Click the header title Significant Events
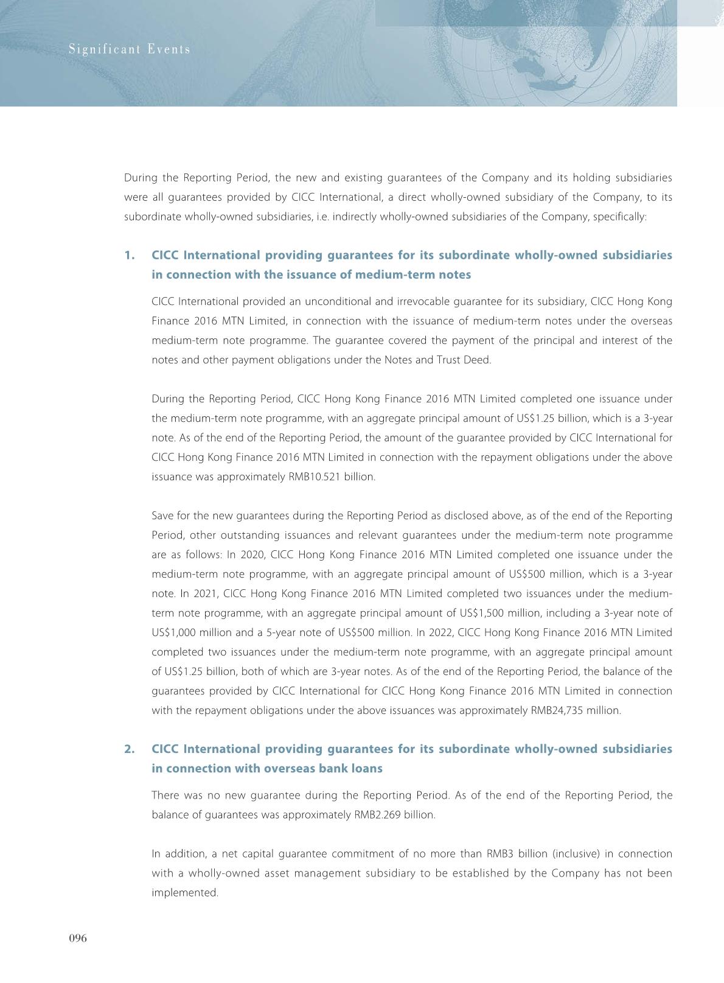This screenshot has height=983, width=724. point(129,49)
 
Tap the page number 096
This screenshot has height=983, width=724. point(77,938)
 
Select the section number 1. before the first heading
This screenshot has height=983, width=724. point(129,255)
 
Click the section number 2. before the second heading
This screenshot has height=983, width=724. point(129,749)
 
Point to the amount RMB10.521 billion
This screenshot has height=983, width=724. point(330,477)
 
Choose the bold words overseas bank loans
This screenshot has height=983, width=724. point(323,768)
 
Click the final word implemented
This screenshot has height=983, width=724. point(184,893)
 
